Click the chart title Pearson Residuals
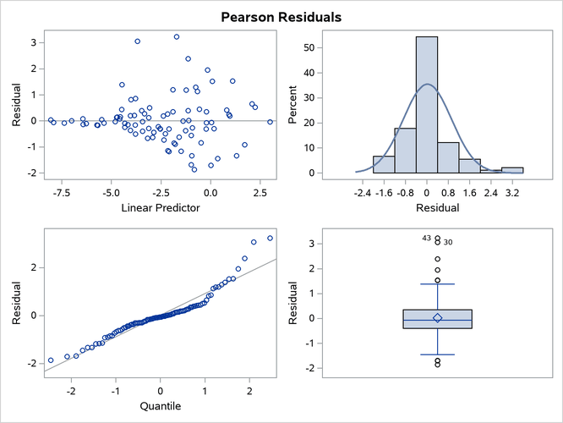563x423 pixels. [281, 16]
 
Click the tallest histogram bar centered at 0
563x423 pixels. [427, 106]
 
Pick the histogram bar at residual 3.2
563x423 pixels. [512, 170]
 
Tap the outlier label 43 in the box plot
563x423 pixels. [427, 240]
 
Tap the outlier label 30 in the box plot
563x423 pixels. [448, 242]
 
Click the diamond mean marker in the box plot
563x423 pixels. [437, 317]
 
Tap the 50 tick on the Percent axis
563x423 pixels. [309, 48]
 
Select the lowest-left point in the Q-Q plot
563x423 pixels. [50, 360]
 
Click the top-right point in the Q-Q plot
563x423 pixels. [271, 238]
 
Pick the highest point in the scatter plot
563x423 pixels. [177, 36]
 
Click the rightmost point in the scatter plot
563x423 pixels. [271, 122]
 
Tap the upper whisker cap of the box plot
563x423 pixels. [437, 283]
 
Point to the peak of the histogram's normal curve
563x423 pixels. [427, 84]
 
